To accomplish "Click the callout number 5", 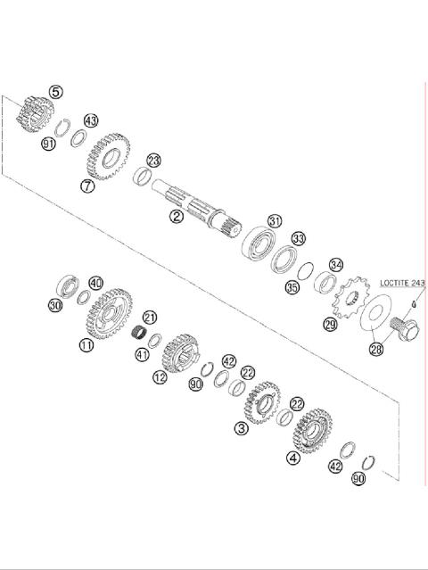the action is (x=55, y=92).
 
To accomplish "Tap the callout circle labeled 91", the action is (x=48, y=144).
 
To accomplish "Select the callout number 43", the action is (x=91, y=120).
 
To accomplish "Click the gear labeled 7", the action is (x=108, y=156).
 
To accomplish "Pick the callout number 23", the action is (x=154, y=161).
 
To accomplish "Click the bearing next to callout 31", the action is (x=259, y=244).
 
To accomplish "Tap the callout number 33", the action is (x=299, y=238).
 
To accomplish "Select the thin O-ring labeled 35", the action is (x=305, y=271).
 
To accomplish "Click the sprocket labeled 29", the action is (x=350, y=297).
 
